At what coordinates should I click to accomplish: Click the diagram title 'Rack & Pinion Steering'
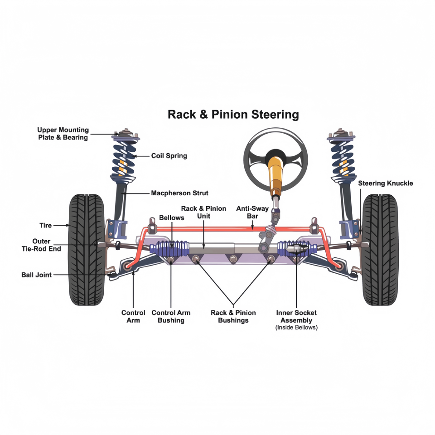click(233, 114)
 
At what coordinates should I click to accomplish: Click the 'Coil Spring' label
click(169, 156)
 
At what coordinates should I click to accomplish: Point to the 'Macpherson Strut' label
click(179, 193)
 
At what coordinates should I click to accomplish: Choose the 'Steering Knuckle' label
click(386, 184)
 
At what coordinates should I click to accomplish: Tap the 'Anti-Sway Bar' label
click(252, 213)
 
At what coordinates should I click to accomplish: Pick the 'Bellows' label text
click(172, 218)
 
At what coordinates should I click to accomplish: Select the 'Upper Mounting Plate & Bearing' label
click(63, 134)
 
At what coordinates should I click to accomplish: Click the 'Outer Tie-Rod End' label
click(41, 245)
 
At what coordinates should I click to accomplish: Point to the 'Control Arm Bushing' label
click(171, 317)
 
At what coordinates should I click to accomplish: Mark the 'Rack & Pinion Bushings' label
click(233, 317)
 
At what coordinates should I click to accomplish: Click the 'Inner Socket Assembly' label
click(296, 316)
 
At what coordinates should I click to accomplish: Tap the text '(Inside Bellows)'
click(296, 328)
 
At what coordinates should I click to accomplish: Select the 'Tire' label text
click(46, 225)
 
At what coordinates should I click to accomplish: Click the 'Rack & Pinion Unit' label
click(203, 213)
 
